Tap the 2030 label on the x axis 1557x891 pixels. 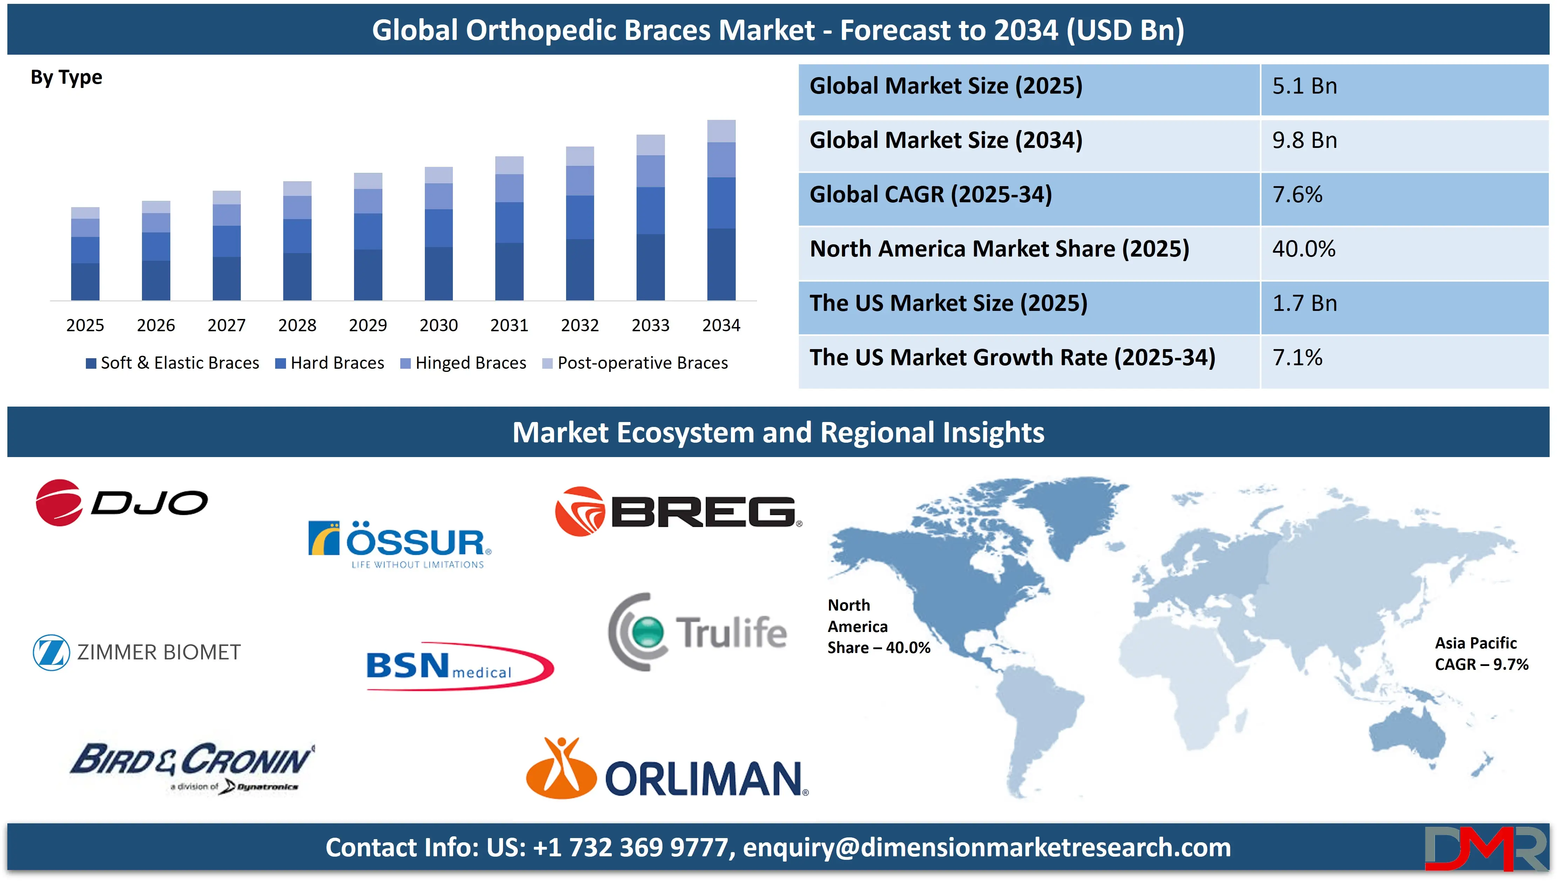tap(438, 325)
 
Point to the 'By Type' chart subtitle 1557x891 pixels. tap(66, 78)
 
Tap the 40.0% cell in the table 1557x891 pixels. tap(1304, 249)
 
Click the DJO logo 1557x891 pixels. tap(121, 502)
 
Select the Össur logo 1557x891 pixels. tap(400, 543)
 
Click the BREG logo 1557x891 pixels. tap(678, 512)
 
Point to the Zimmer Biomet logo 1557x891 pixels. tap(137, 652)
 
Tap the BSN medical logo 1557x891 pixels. tap(459, 666)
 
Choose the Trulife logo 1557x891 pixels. tap(698, 632)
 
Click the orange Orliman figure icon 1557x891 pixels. tap(561, 769)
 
